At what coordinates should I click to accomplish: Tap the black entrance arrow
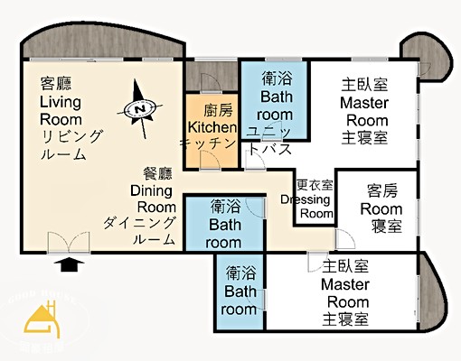[x=70, y=264]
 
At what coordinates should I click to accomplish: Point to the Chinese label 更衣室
[x=314, y=184]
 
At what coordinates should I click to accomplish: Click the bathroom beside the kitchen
[x=275, y=99]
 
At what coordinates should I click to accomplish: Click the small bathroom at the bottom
[x=240, y=292]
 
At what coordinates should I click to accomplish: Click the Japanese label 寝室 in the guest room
[x=387, y=225]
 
